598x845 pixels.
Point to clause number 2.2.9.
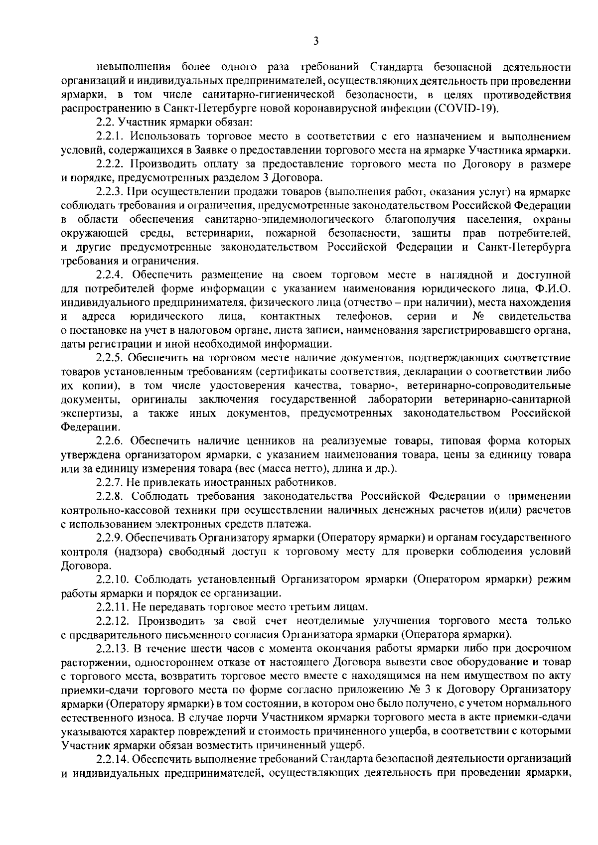point(110,538)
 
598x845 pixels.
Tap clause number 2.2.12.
point(115,621)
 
